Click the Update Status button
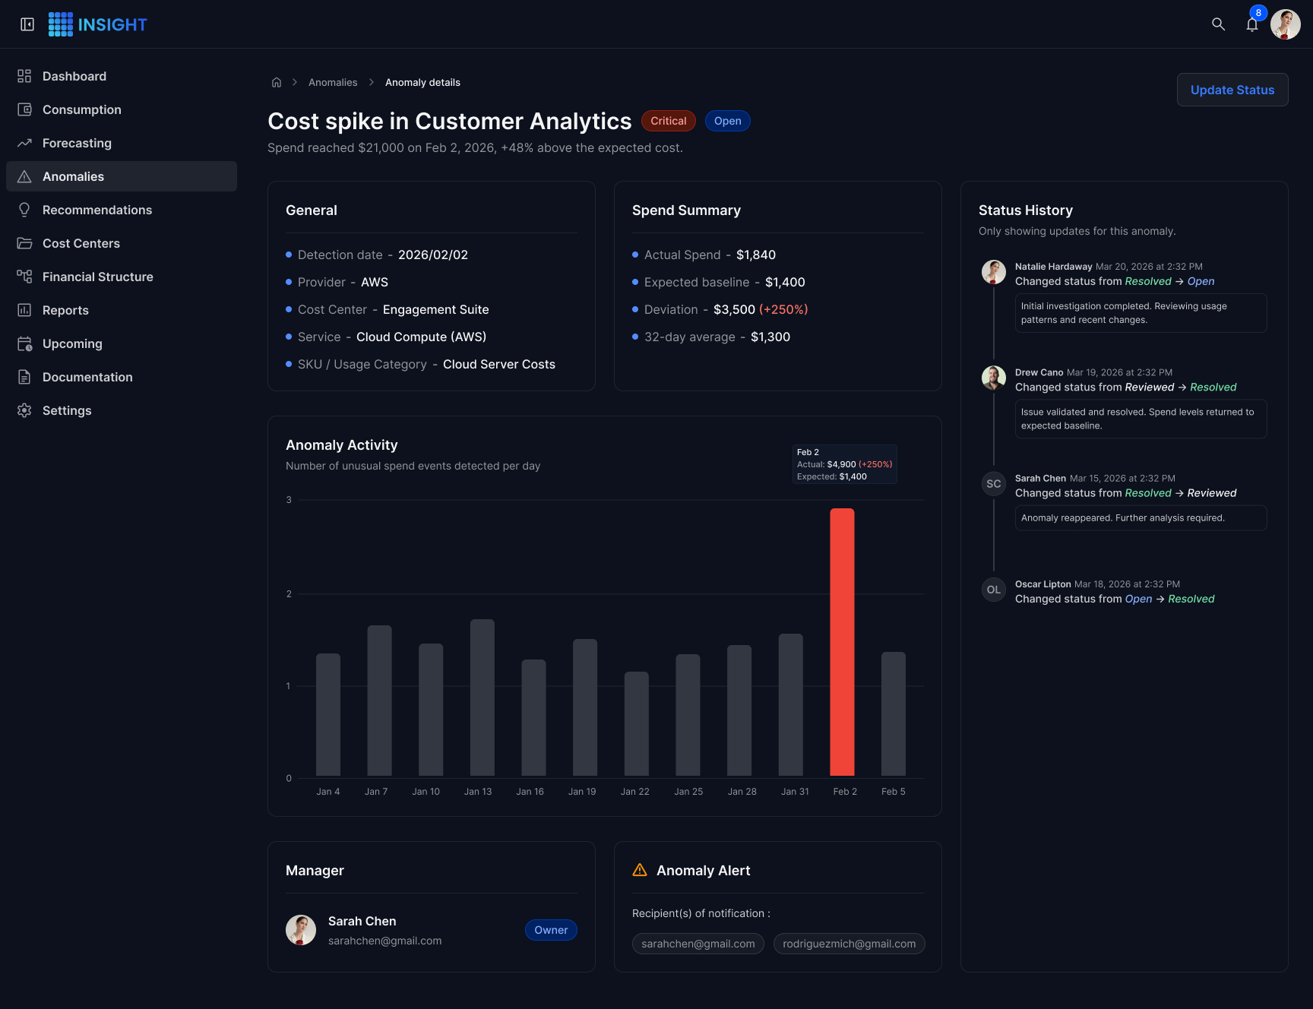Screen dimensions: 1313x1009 pos(1232,90)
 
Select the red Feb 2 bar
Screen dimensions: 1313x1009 pos(842,642)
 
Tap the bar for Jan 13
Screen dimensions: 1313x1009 pos(482,697)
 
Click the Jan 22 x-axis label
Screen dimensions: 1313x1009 pos(635,792)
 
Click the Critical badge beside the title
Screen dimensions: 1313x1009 pos(669,121)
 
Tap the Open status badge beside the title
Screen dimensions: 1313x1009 pos(728,121)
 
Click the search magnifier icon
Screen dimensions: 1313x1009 pos(1218,24)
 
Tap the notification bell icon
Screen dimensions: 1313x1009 pos(1252,25)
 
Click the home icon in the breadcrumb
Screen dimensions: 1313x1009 pos(277,82)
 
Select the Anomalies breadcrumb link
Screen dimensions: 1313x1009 pos(333,82)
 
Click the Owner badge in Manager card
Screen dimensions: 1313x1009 pos(551,930)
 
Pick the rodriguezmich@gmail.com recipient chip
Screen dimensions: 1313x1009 pos(849,944)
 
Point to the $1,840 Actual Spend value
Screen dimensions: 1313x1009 pos(756,255)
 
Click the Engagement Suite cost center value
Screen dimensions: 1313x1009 pos(436,309)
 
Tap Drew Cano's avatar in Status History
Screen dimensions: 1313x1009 pos(994,378)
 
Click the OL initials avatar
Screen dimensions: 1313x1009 pos(994,590)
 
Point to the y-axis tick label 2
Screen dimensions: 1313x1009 pos(289,594)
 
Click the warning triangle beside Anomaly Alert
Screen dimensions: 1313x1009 pos(640,870)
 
